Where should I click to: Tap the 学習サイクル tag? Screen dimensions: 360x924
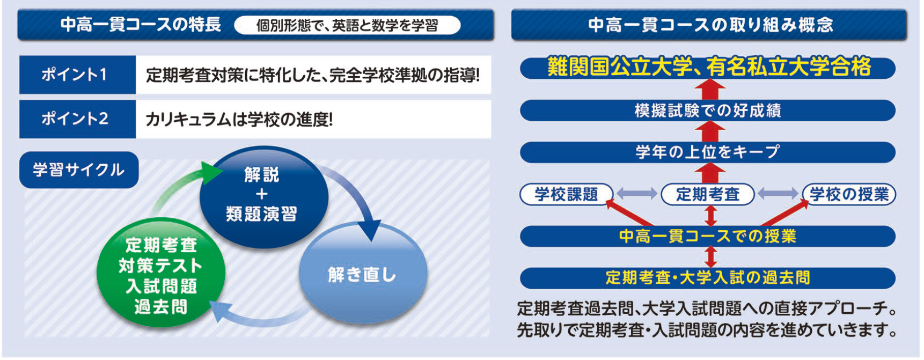pos(79,170)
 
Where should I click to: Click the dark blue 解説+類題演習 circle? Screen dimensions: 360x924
pos(262,196)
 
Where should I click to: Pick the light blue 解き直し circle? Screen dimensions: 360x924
pos(362,274)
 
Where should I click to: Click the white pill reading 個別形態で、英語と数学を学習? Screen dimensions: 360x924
pos(347,25)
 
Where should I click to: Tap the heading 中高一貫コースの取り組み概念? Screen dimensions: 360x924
pos(709,25)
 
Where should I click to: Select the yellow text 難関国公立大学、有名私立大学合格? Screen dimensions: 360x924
pos(708,67)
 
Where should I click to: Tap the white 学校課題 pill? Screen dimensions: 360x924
pos(566,194)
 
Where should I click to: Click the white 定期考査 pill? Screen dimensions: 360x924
pos(708,194)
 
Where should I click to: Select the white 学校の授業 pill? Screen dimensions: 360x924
pos(849,194)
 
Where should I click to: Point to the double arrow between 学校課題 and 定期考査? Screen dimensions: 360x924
pos(637,194)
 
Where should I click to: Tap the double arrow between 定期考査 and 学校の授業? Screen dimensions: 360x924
pos(778,194)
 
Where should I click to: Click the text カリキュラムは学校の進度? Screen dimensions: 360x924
pos(239,119)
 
